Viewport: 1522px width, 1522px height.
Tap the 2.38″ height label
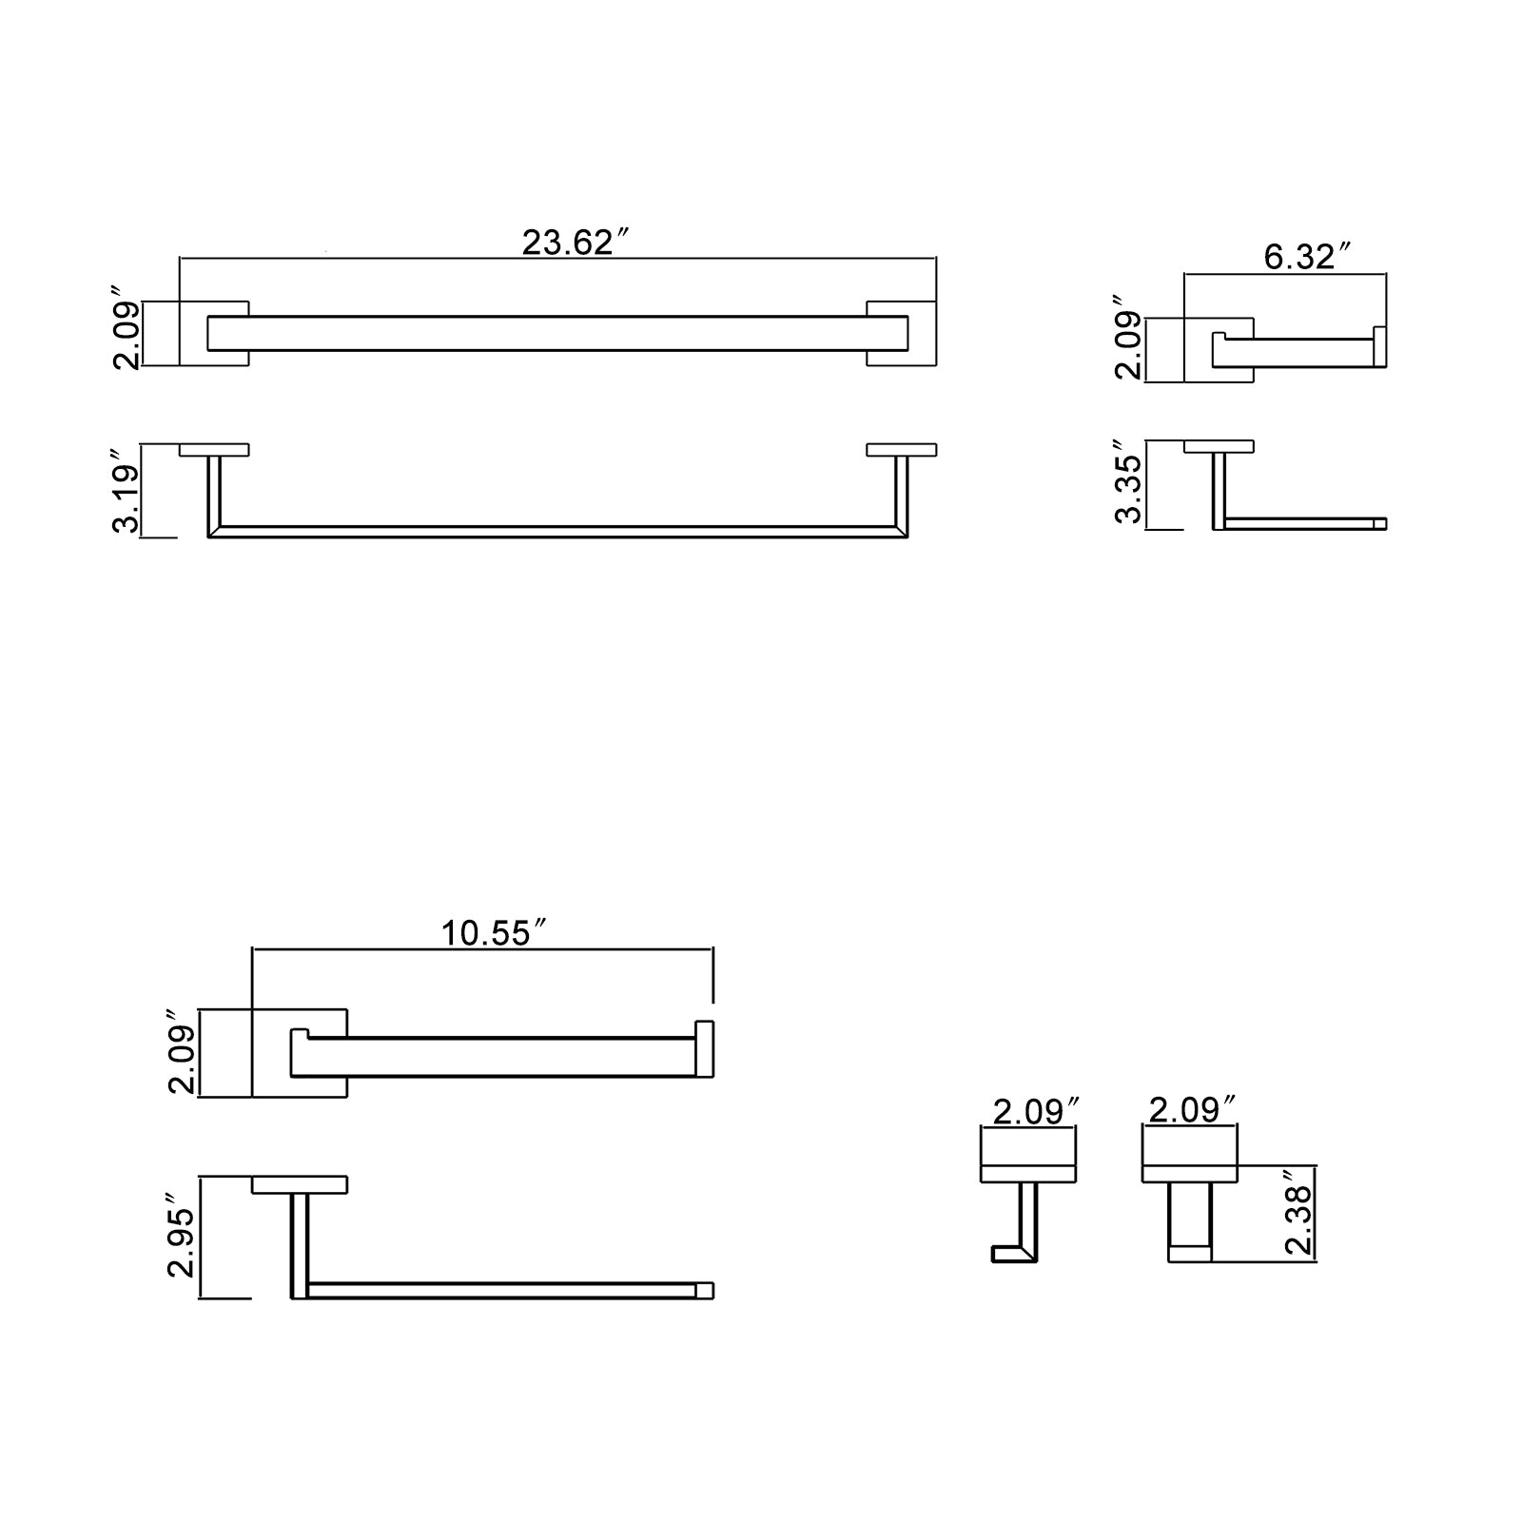(1298, 1215)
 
